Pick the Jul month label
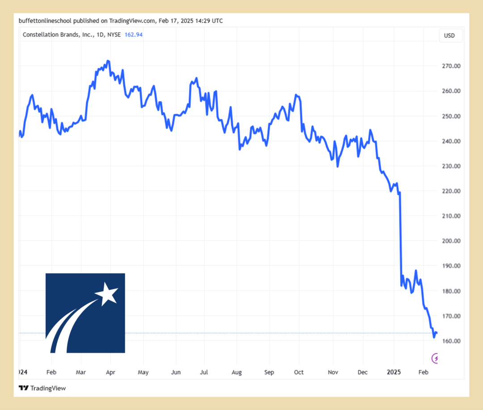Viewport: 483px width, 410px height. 203,372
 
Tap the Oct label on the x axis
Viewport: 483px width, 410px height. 299,372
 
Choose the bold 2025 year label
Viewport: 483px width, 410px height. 394,372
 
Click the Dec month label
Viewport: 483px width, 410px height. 363,372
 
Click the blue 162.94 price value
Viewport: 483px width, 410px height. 134,35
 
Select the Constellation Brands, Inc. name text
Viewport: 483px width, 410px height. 58,35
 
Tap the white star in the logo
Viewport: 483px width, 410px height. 107,294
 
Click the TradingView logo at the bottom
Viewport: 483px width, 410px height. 42,388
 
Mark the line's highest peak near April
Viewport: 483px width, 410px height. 108,61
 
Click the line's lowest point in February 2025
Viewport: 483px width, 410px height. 434,337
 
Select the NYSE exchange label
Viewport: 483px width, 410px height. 114,35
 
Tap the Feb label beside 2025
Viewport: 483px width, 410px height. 423,372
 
